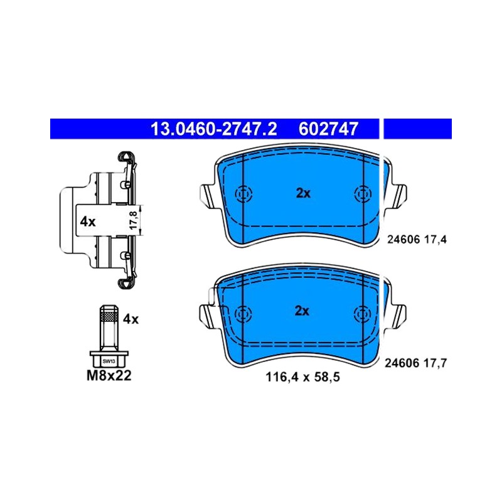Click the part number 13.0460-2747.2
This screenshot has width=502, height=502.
pyautogui.click(x=213, y=129)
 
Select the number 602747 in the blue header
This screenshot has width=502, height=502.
pyautogui.click(x=328, y=129)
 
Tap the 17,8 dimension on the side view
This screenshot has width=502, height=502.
pyautogui.click(x=134, y=220)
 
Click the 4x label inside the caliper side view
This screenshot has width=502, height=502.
pyautogui.click(x=88, y=222)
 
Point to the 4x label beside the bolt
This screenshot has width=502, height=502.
pyautogui.click(x=131, y=319)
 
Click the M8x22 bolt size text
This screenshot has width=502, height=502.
pyautogui.click(x=109, y=375)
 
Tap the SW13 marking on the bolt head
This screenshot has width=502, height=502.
pyautogui.click(x=109, y=361)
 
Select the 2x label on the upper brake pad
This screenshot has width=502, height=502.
pyautogui.click(x=303, y=193)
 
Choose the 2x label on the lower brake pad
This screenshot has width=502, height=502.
pyautogui.click(x=302, y=311)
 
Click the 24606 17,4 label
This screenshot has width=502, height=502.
pyautogui.click(x=417, y=239)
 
